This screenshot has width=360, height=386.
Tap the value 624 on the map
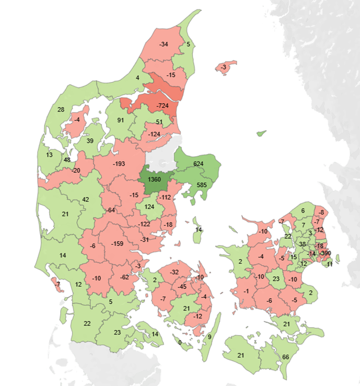click(198, 164)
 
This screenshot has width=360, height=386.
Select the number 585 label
click(201, 184)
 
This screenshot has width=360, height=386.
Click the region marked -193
click(119, 164)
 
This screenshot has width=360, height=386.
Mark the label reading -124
click(154, 135)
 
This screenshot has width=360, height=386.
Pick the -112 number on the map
click(165, 198)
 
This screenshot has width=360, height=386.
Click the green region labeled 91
click(120, 120)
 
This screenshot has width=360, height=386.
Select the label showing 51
click(159, 122)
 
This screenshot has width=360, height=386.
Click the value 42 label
click(85, 199)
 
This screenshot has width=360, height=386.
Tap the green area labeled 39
click(90, 141)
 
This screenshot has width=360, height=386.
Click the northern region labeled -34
click(163, 45)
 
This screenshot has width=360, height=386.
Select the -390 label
click(325, 253)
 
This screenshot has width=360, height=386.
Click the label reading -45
click(182, 287)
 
